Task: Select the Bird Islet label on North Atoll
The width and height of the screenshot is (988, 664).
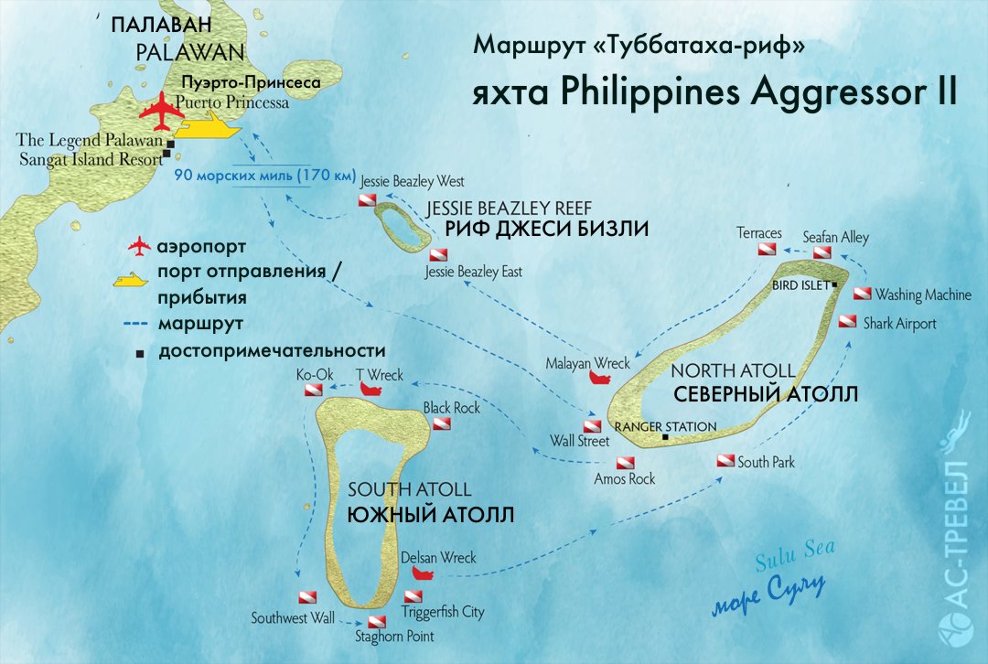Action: (801, 284)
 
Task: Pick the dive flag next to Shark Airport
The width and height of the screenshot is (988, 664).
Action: (848, 322)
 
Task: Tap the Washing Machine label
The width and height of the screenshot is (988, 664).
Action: (922, 295)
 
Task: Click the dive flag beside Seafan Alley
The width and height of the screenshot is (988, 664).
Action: (822, 252)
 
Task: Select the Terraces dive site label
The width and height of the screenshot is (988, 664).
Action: (759, 233)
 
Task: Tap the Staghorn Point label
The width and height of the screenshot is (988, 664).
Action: (394, 636)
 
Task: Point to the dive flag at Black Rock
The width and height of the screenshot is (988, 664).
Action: (442, 423)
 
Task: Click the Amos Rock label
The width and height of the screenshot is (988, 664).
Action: (625, 477)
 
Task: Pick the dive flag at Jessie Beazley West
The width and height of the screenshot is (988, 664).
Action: (367, 198)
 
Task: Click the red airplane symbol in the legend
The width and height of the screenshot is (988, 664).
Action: (138, 246)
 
